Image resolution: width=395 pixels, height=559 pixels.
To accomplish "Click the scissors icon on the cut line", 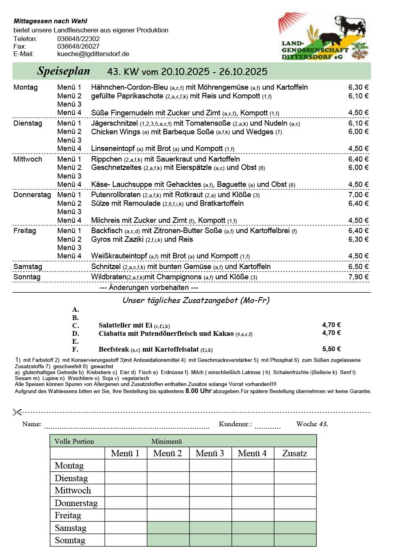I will click(x=17, y=412).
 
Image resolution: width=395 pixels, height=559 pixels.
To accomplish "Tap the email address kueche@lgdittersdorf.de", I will click(x=93, y=54).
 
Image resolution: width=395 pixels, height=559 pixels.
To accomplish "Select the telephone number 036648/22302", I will click(x=78, y=39).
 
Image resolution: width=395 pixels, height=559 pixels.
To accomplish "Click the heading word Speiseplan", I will click(x=64, y=71).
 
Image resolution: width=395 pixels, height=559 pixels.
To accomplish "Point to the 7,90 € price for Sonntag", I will click(x=358, y=277).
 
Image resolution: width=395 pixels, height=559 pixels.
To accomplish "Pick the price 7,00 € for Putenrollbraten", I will click(x=358, y=194).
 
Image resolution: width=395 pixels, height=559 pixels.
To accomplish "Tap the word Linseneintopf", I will click(x=113, y=149).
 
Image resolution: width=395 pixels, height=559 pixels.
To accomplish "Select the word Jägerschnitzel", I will click(x=115, y=123).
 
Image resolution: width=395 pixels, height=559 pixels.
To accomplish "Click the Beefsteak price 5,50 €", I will click(x=331, y=349).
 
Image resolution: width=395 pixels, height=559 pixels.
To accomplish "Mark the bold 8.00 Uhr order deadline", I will click(x=198, y=391).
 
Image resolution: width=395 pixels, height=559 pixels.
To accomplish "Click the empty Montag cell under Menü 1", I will click(x=126, y=465).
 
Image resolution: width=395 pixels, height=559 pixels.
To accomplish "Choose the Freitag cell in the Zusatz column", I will click(x=295, y=515).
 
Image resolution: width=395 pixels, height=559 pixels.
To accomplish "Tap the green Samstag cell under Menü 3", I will click(x=210, y=528).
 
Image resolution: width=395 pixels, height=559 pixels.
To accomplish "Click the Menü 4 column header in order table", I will click(x=252, y=453).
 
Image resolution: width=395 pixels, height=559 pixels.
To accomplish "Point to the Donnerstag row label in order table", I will click(x=76, y=503).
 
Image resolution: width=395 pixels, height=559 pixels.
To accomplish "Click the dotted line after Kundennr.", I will click(x=267, y=426).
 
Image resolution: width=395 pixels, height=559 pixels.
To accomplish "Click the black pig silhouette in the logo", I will click(x=331, y=39).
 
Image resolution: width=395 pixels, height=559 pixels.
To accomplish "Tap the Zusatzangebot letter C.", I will click(x=75, y=326).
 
